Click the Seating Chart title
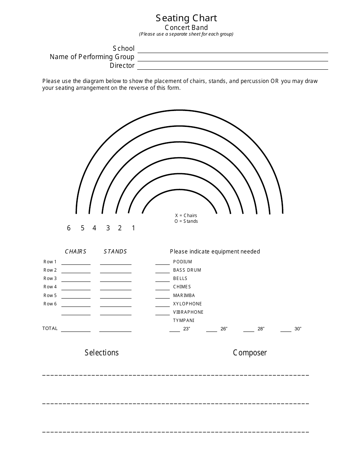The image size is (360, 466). (x=186, y=18)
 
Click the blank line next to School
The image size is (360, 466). (x=233, y=50)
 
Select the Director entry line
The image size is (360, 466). (x=233, y=67)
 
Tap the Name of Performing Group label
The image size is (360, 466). (x=92, y=57)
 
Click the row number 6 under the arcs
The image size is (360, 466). (x=69, y=228)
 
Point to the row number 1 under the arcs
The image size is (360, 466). (x=133, y=228)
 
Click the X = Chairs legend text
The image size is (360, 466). (x=186, y=216)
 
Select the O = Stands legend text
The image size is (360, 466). (x=186, y=221)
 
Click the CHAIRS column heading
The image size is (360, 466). (x=76, y=252)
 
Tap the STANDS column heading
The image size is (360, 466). (x=115, y=252)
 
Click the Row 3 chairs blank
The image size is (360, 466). (x=76, y=280)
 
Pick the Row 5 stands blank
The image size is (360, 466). (x=116, y=296)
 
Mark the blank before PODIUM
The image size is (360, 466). (x=163, y=263)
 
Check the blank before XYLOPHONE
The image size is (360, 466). (x=163, y=305)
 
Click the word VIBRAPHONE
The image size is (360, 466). (x=188, y=312)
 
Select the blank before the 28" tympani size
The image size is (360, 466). (x=249, y=330)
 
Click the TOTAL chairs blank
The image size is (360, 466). (x=76, y=330)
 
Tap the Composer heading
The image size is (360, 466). (x=250, y=353)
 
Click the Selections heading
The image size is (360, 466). (x=102, y=353)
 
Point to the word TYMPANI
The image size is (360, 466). (x=183, y=321)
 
